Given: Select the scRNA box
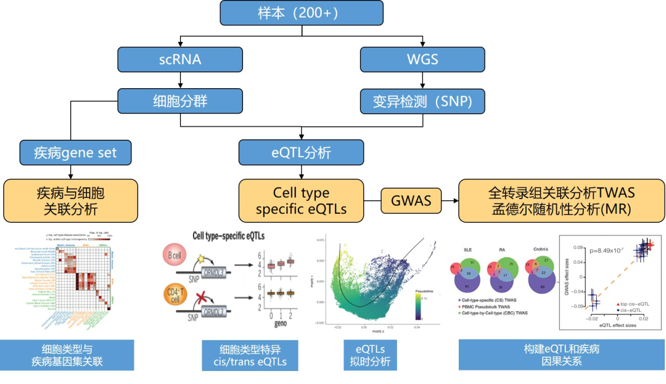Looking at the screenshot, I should tap(180, 59).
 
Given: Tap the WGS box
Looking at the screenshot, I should tap(422, 59).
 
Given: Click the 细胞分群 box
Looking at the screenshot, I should tap(180, 100).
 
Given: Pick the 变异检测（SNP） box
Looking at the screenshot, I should tap(422, 100).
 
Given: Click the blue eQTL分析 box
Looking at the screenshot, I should tap(301, 152).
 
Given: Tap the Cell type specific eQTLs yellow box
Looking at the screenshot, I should tap(301, 201).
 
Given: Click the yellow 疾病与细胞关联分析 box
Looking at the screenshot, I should tap(70, 201).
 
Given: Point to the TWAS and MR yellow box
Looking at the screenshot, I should tap(561, 201).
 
